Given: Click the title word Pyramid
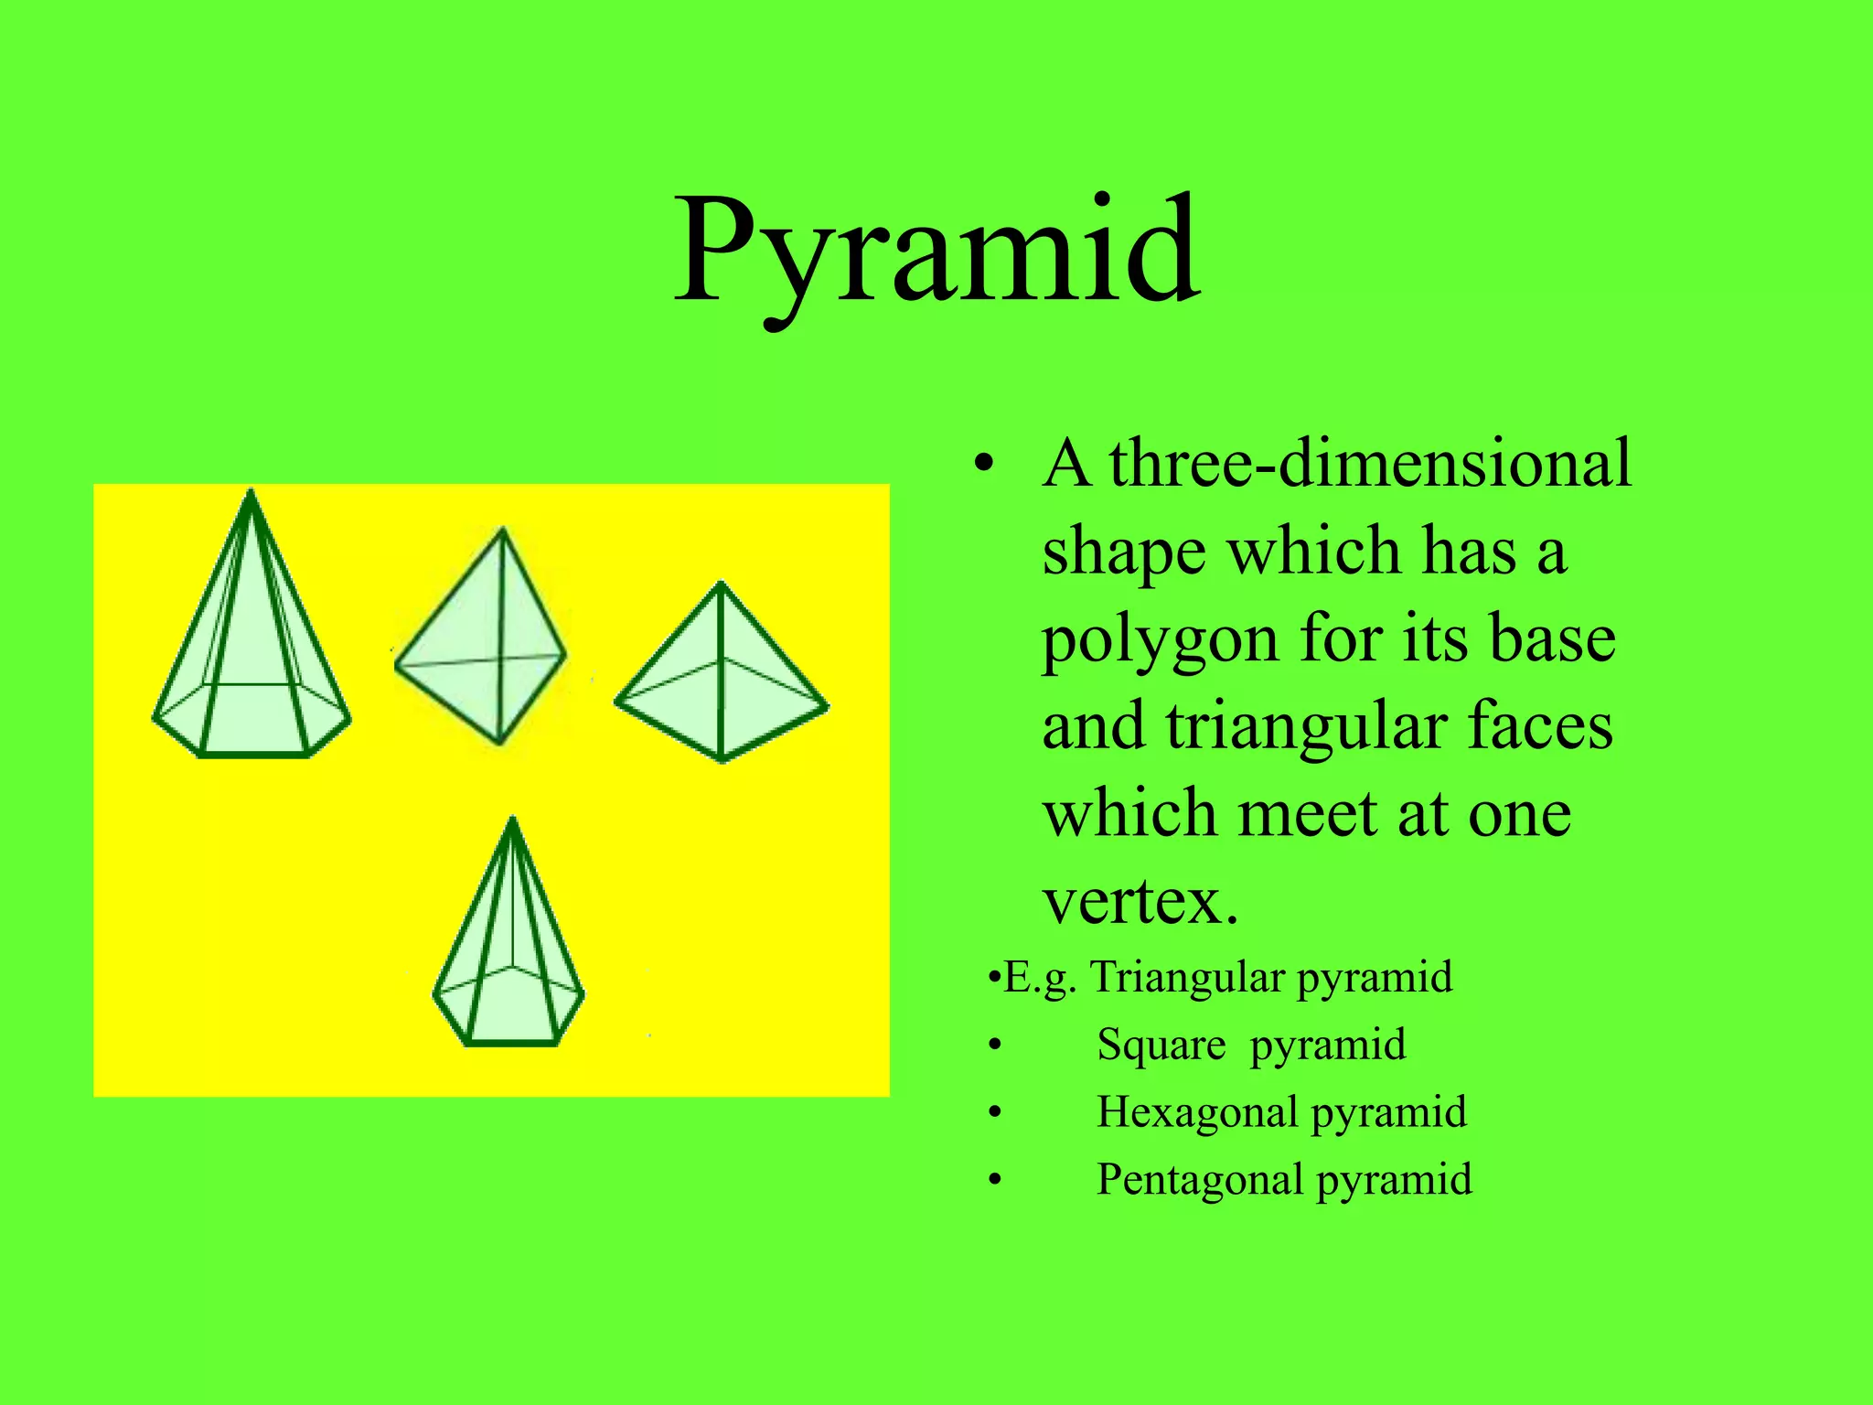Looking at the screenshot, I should (936, 252).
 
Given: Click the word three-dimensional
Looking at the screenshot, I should (1370, 464).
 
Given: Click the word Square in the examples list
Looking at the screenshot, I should (1161, 1045).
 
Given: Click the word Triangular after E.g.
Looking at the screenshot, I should (1188, 977).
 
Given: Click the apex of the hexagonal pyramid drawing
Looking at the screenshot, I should (252, 494).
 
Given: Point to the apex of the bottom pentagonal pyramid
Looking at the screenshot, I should (512, 820).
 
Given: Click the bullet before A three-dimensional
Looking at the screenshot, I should (983, 466).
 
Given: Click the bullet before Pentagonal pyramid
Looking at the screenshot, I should (995, 1181).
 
